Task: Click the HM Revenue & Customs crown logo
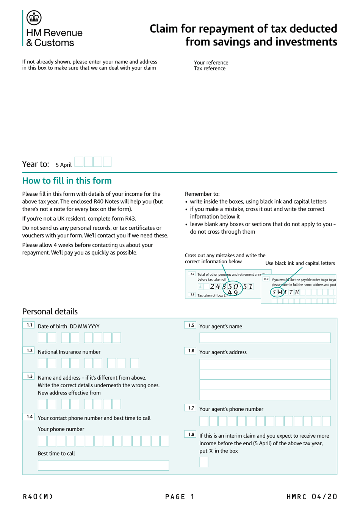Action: tap(34, 17)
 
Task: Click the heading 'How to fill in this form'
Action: tap(67, 181)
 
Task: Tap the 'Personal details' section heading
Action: tap(50, 311)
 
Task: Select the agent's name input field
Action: tap(265, 338)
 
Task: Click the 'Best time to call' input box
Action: tap(103, 465)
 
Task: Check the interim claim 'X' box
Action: tap(204, 462)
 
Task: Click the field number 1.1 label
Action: tap(29, 325)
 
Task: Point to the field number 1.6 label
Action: tap(191, 351)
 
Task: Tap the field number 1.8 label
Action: tap(191, 435)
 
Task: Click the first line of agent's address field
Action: tap(265, 364)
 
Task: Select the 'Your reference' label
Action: tap(211, 63)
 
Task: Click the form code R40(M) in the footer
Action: tap(38, 496)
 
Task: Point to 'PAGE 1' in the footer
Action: tap(180, 496)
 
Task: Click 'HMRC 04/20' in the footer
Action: tap(311, 496)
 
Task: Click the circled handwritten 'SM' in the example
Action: tap(277, 292)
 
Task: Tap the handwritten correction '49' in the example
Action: tap(233, 293)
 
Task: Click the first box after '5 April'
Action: tap(79, 162)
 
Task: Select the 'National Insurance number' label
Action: tap(69, 352)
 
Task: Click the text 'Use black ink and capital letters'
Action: tap(300, 263)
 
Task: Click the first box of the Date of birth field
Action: tap(42, 338)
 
